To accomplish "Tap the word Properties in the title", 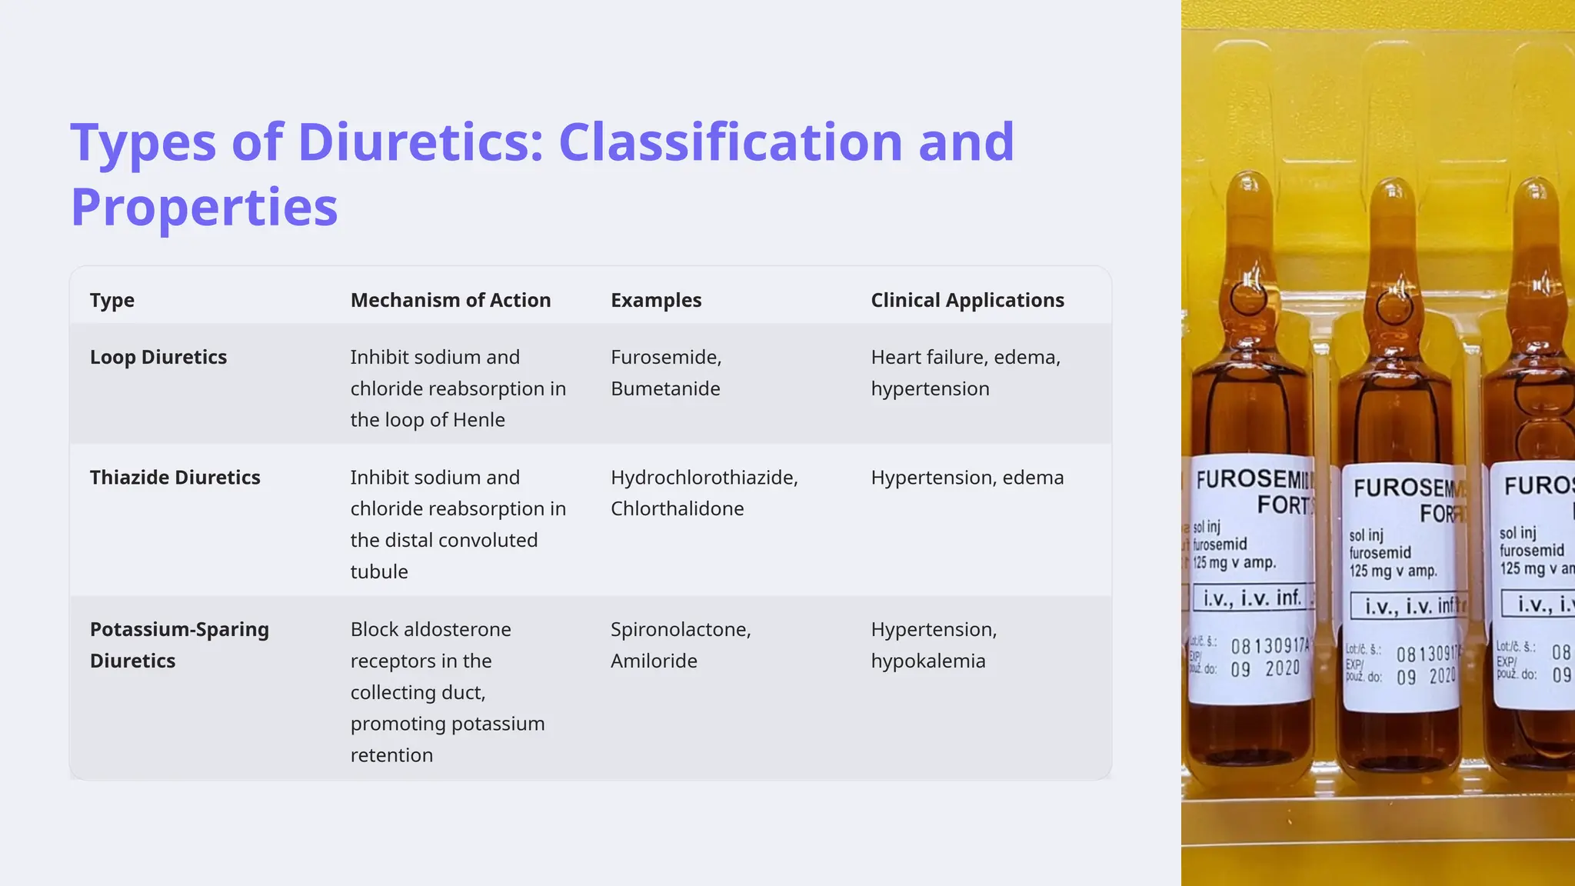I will click(x=204, y=207).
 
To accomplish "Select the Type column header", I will click(x=112, y=300).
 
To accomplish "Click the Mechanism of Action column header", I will click(x=450, y=300).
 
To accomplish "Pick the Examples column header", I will click(x=655, y=300).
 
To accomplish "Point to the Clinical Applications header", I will click(x=967, y=300).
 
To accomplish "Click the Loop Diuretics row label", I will click(x=158, y=357).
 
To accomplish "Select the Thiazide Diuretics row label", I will click(x=175, y=477).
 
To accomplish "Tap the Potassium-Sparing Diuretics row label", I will click(x=178, y=645).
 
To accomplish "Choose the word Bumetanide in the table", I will click(x=664, y=388).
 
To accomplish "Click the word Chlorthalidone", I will click(x=677, y=508).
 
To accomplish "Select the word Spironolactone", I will click(x=680, y=629).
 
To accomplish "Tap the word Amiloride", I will click(x=654, y=661).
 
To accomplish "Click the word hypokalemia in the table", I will click(x=927, y=661).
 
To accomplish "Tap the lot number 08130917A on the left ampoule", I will click(x=1269, y=646).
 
